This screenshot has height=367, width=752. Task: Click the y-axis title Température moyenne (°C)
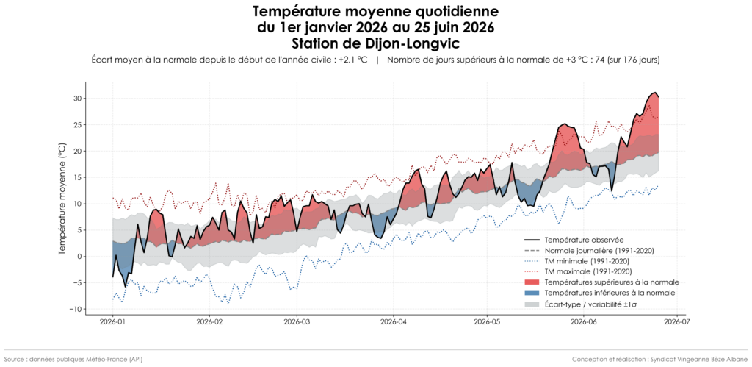pos(62,199)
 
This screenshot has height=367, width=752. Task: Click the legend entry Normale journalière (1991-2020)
pos(590,250)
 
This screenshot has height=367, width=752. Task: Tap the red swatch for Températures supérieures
pos(532,282)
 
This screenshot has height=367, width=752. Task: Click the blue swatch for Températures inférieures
pos(532,293)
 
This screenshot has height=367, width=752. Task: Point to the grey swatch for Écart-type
pos(532,304)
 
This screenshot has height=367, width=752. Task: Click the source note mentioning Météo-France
pos(73,360)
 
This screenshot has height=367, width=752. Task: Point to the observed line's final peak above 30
pos(654,92)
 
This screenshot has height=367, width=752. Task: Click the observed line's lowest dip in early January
pos(126,287)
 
